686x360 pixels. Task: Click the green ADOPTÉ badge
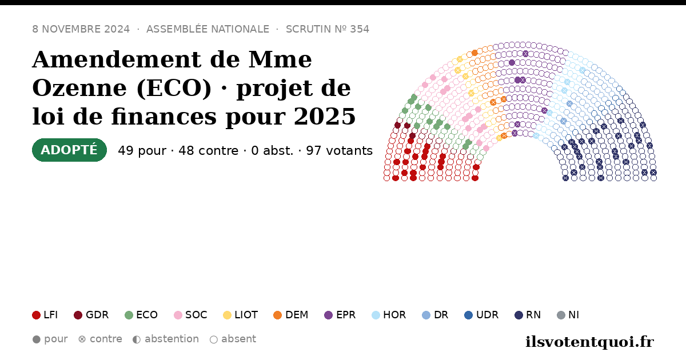(69, 150)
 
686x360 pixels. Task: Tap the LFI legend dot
(36, 315)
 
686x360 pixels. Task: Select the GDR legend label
(97, 315)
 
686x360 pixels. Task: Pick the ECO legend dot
(129, 315)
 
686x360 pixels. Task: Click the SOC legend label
(196, 315)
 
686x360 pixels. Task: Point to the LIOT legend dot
(227, 315)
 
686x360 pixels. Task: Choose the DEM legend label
(297, 315)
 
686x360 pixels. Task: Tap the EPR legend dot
(328, 315)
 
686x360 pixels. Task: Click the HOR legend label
(394, 315)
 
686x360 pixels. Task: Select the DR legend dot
(426, 315)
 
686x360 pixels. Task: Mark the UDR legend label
(487, 315)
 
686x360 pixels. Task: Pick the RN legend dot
(519, 315)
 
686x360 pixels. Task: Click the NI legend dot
(561, 315)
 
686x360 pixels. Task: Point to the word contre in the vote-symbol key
(106, 339)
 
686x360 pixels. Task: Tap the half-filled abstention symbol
(137, 339)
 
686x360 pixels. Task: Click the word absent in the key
(238, 339)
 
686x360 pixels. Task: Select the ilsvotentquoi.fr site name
(589, 342)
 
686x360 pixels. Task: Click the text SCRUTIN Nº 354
(328, 29)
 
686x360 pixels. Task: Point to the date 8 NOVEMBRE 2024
(81, 29)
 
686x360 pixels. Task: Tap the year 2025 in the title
(325, 117)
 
